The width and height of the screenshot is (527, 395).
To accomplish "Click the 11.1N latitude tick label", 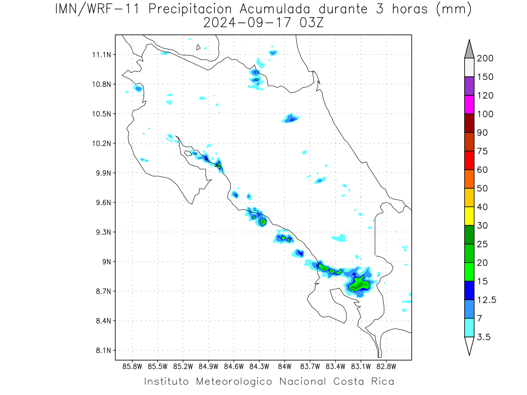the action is click(x=101, y=55).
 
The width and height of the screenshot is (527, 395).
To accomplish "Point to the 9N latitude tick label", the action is click(x=107, y=262).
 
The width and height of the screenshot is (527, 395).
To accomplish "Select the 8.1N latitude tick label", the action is click(x=104, y=350).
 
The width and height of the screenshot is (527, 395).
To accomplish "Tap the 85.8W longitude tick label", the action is click(x=132, y=367).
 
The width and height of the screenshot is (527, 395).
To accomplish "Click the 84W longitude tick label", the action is click(x=285, y=367).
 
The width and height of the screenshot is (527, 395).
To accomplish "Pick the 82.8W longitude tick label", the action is click(x=386, y=367).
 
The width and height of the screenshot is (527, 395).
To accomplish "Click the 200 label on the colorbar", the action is click(x=485, y=58).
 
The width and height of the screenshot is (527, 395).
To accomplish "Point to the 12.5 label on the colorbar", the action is click(x=487, y=300).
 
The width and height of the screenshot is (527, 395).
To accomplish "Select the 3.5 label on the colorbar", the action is click(x=484, y=337).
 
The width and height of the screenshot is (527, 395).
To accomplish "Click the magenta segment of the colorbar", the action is click(x=469, y=104).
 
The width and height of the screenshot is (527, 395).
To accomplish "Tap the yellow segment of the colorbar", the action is click(x=469, y=216).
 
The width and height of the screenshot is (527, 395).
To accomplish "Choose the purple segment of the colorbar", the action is click(x=469, y=86).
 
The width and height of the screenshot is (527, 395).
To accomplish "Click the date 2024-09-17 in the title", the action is click(x=247, y=23).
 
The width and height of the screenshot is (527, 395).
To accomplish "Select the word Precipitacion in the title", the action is click(x=190, y=10).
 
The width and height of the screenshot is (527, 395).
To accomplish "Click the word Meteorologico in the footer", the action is click(x=234, y=382).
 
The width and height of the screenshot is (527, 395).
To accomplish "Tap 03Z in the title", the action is click(x=312, y=23).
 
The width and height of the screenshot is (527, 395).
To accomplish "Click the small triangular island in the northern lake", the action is click(x=198, y=47).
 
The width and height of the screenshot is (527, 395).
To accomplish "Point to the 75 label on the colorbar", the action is click(x=482, y=151).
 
